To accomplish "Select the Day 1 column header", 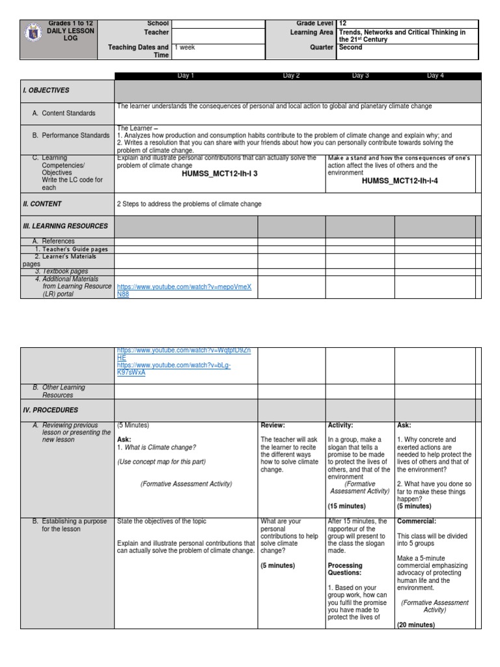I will coord(186,76).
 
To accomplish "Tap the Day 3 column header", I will coord(360,76).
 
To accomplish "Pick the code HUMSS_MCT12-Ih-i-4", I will coord(400,180).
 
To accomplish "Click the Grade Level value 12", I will coord(343,23).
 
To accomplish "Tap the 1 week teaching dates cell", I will coord(185,48).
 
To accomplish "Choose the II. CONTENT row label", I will coord(42,204).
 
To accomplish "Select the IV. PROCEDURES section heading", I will coord(51,410).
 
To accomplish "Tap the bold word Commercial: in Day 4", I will coord(417,521).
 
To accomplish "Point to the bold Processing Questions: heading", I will coord(345,569).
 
